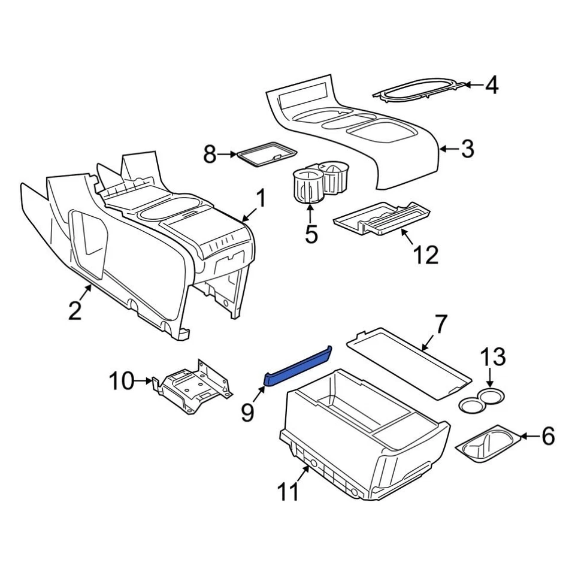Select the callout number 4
click(491, 86)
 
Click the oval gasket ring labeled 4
click(419, 89)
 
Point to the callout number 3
click(467, 149)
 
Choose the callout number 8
click(210, 155)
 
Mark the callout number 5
click(311, 233)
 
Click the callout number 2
click(75, 310)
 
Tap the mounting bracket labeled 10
click(192, 386)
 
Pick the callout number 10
click(122, 380)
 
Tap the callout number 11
click(288, 492)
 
